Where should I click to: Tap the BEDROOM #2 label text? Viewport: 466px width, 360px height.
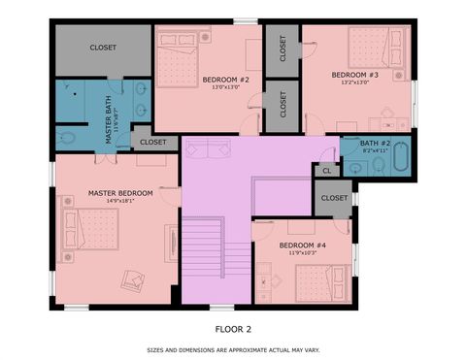226,80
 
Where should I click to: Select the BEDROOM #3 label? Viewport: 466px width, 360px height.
355,75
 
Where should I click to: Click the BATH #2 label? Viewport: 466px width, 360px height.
376,144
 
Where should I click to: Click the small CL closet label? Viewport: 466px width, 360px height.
326,170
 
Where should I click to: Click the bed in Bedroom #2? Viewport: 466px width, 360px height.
177,62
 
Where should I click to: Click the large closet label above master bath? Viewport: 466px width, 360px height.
103,47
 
